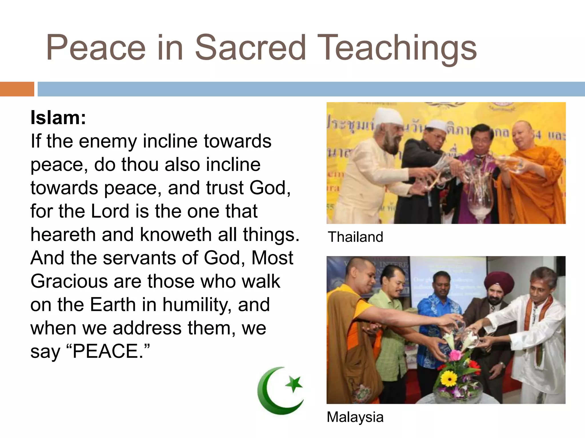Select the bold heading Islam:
[58, 117]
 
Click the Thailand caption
[355, 237]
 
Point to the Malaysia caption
[355, 417]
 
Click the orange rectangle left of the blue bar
[17, 89]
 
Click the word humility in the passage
[197, 305]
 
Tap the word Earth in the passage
[113, 305]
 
